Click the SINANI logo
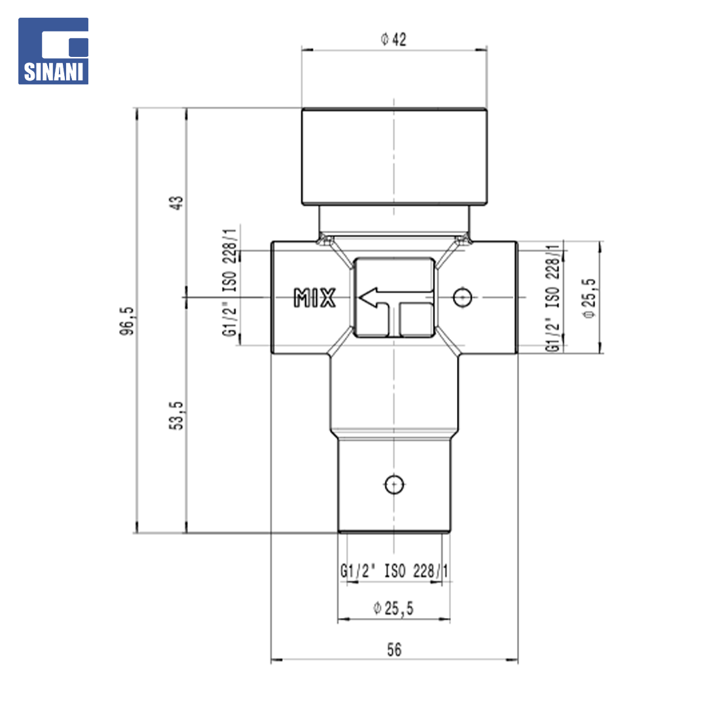pyautogui.click(x=53, y=51)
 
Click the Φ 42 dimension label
pyautogui.click(x=393, y=39)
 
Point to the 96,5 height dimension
pyautogui.click(x=127, y=321)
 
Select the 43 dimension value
pyautogui.click(x=177, y=202)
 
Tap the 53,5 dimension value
pyautogui.click(x=177, y=415)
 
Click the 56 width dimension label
pyautogui.click(x=394, y=650)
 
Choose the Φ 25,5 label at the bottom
pyautogui.click(x=393, y=608)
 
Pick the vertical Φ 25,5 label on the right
pyautogui.click(x=589, y=298)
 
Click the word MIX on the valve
pyautogui.click(x=315, y=298)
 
